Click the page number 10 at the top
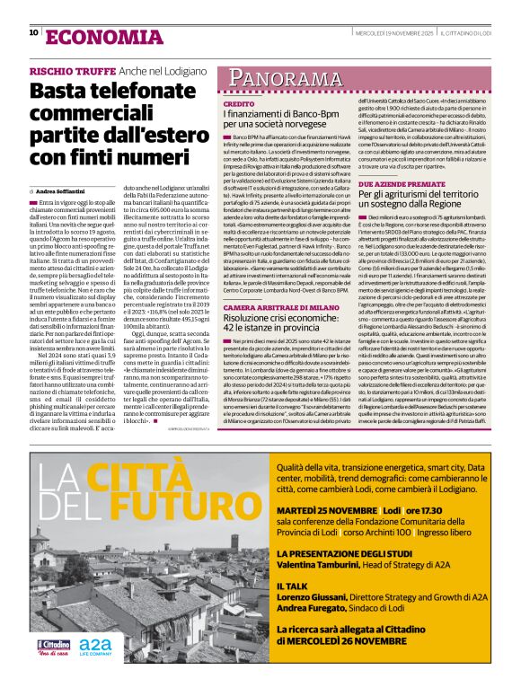point(33,32)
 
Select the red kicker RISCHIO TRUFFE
point(71,70)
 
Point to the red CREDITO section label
point(238,105)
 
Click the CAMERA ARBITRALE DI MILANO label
point(276,307)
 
